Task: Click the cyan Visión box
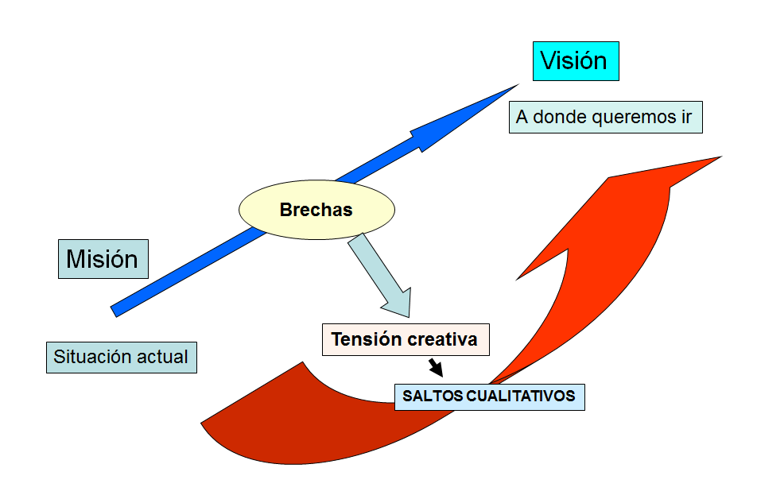[576, 61]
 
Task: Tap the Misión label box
[103, 259]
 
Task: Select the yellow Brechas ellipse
[316, 210]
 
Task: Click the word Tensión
[360, 339]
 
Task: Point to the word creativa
[436, 339]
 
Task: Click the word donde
[560, 117]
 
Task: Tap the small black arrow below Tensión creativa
[436, 367]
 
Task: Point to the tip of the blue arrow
[519, 84]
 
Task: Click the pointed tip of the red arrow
[721, 157]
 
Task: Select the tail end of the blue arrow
[114, 311]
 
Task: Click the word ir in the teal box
[686, 117]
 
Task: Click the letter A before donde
[522, 117]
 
